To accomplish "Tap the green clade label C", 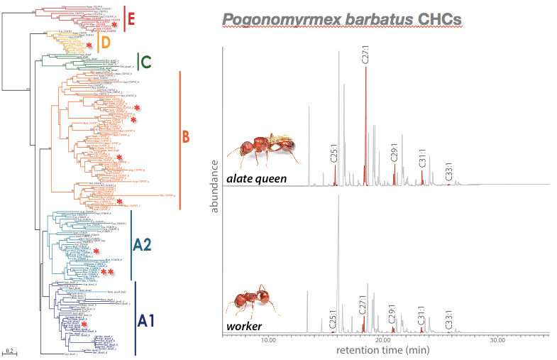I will pyautogui.click(x=145, y=62).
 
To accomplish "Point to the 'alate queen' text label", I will pyautogui.click(x=256, y=179).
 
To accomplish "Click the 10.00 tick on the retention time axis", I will pyautogui.click(x=268, y=340).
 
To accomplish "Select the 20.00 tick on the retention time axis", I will pyautogui.click(x=382, y=340).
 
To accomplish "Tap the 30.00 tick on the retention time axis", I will pyautogui.click(x=497, y=340).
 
